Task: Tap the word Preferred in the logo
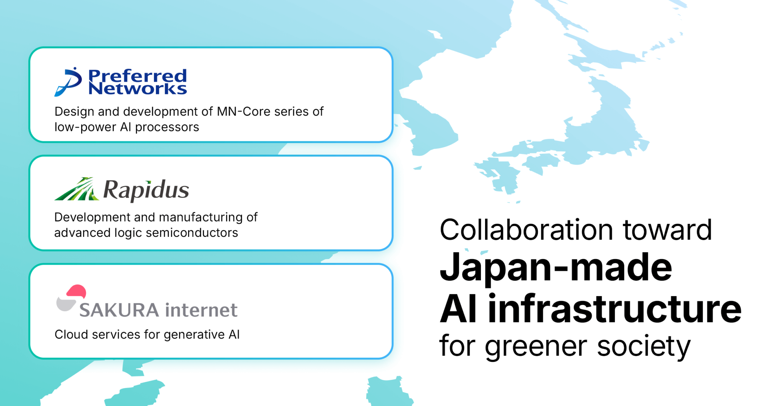pyautogui.click(x=137, y=76)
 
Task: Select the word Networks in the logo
pyautogui.click(x=137, y=89)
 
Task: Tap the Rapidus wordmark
pyautogui.click(x=146, y=190)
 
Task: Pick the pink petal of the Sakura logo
pyautogui.click(x=77, y=292)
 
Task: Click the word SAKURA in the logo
pyautogui.click(x=119, y=310)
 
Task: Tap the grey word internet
pyautogui.click(x=201, y=310)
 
